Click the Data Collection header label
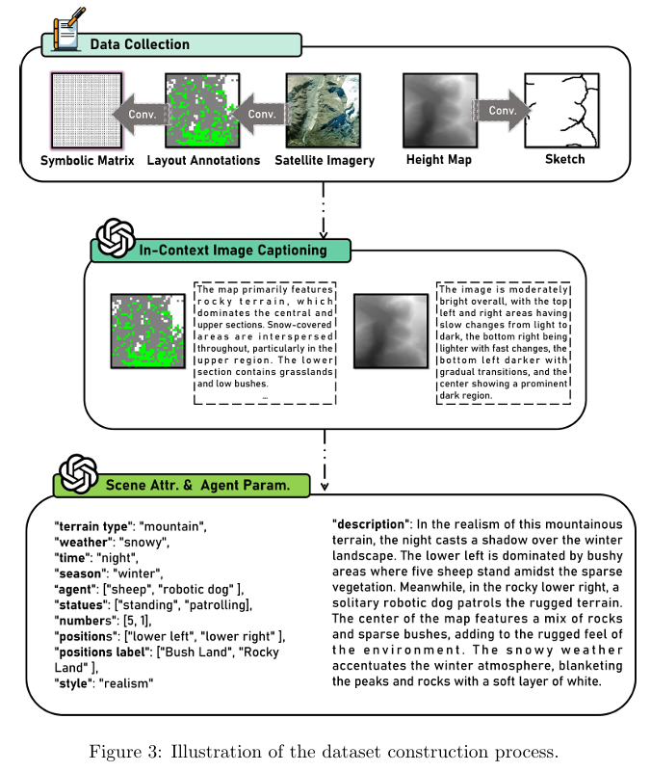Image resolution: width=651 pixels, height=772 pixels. click(x=140, y=44)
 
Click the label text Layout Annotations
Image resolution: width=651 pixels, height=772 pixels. click(x=203, y=160)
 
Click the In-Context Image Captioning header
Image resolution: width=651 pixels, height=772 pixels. click(x=231, y=251)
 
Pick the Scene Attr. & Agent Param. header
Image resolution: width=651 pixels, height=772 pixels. click(x=196, y=487)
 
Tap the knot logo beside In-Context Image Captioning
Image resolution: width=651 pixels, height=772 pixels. click(x=116, y=237)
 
